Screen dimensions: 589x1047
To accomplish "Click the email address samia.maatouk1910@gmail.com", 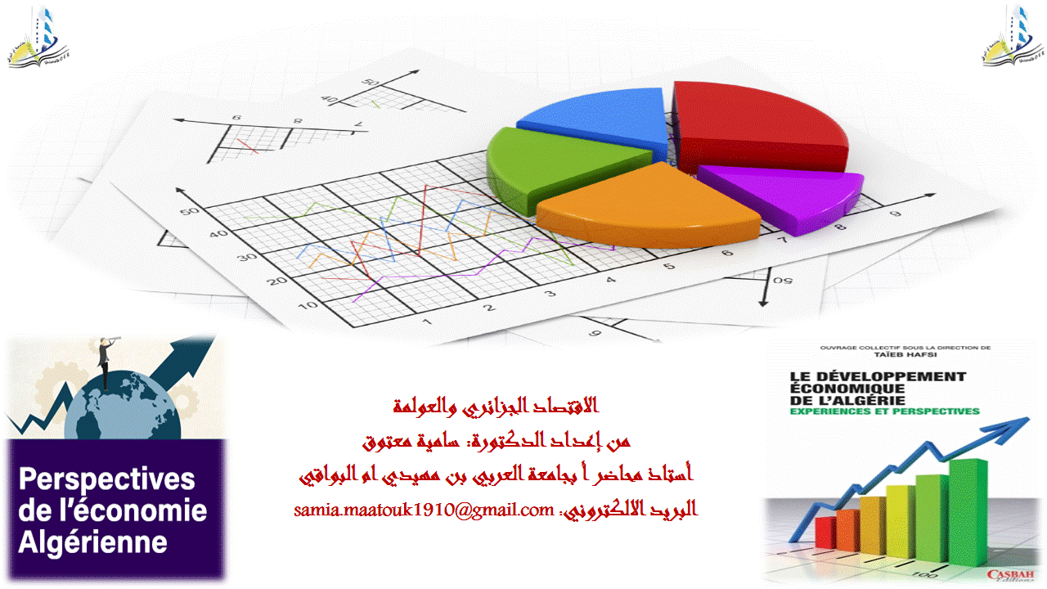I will tap(424, 510).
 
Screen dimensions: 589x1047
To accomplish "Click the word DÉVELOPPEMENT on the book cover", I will tap(878, 376).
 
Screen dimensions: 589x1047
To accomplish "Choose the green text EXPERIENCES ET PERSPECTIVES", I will tap(884, 411).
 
